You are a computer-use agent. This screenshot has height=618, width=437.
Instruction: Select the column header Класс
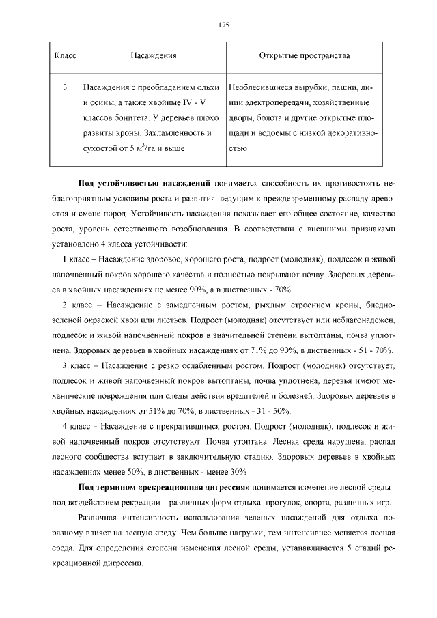click(x=64, y=55)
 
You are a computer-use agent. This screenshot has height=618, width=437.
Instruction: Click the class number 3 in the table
click(x=64, y=88)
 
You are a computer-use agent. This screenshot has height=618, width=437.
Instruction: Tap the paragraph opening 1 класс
click(x=76, y=260)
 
